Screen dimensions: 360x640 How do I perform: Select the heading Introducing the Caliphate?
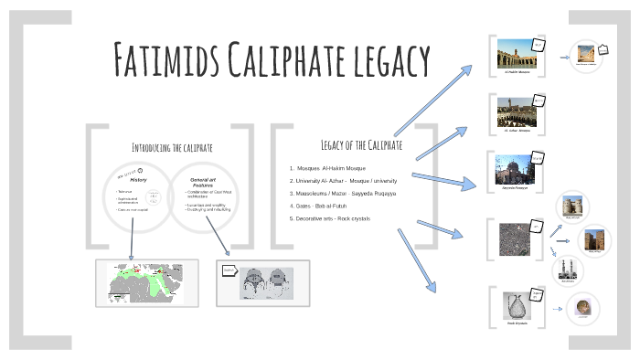click(x=172, y=146)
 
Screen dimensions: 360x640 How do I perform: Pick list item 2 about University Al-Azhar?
click(x=343, y=181)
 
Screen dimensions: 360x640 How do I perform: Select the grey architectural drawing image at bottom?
click(x=263, y=283)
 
